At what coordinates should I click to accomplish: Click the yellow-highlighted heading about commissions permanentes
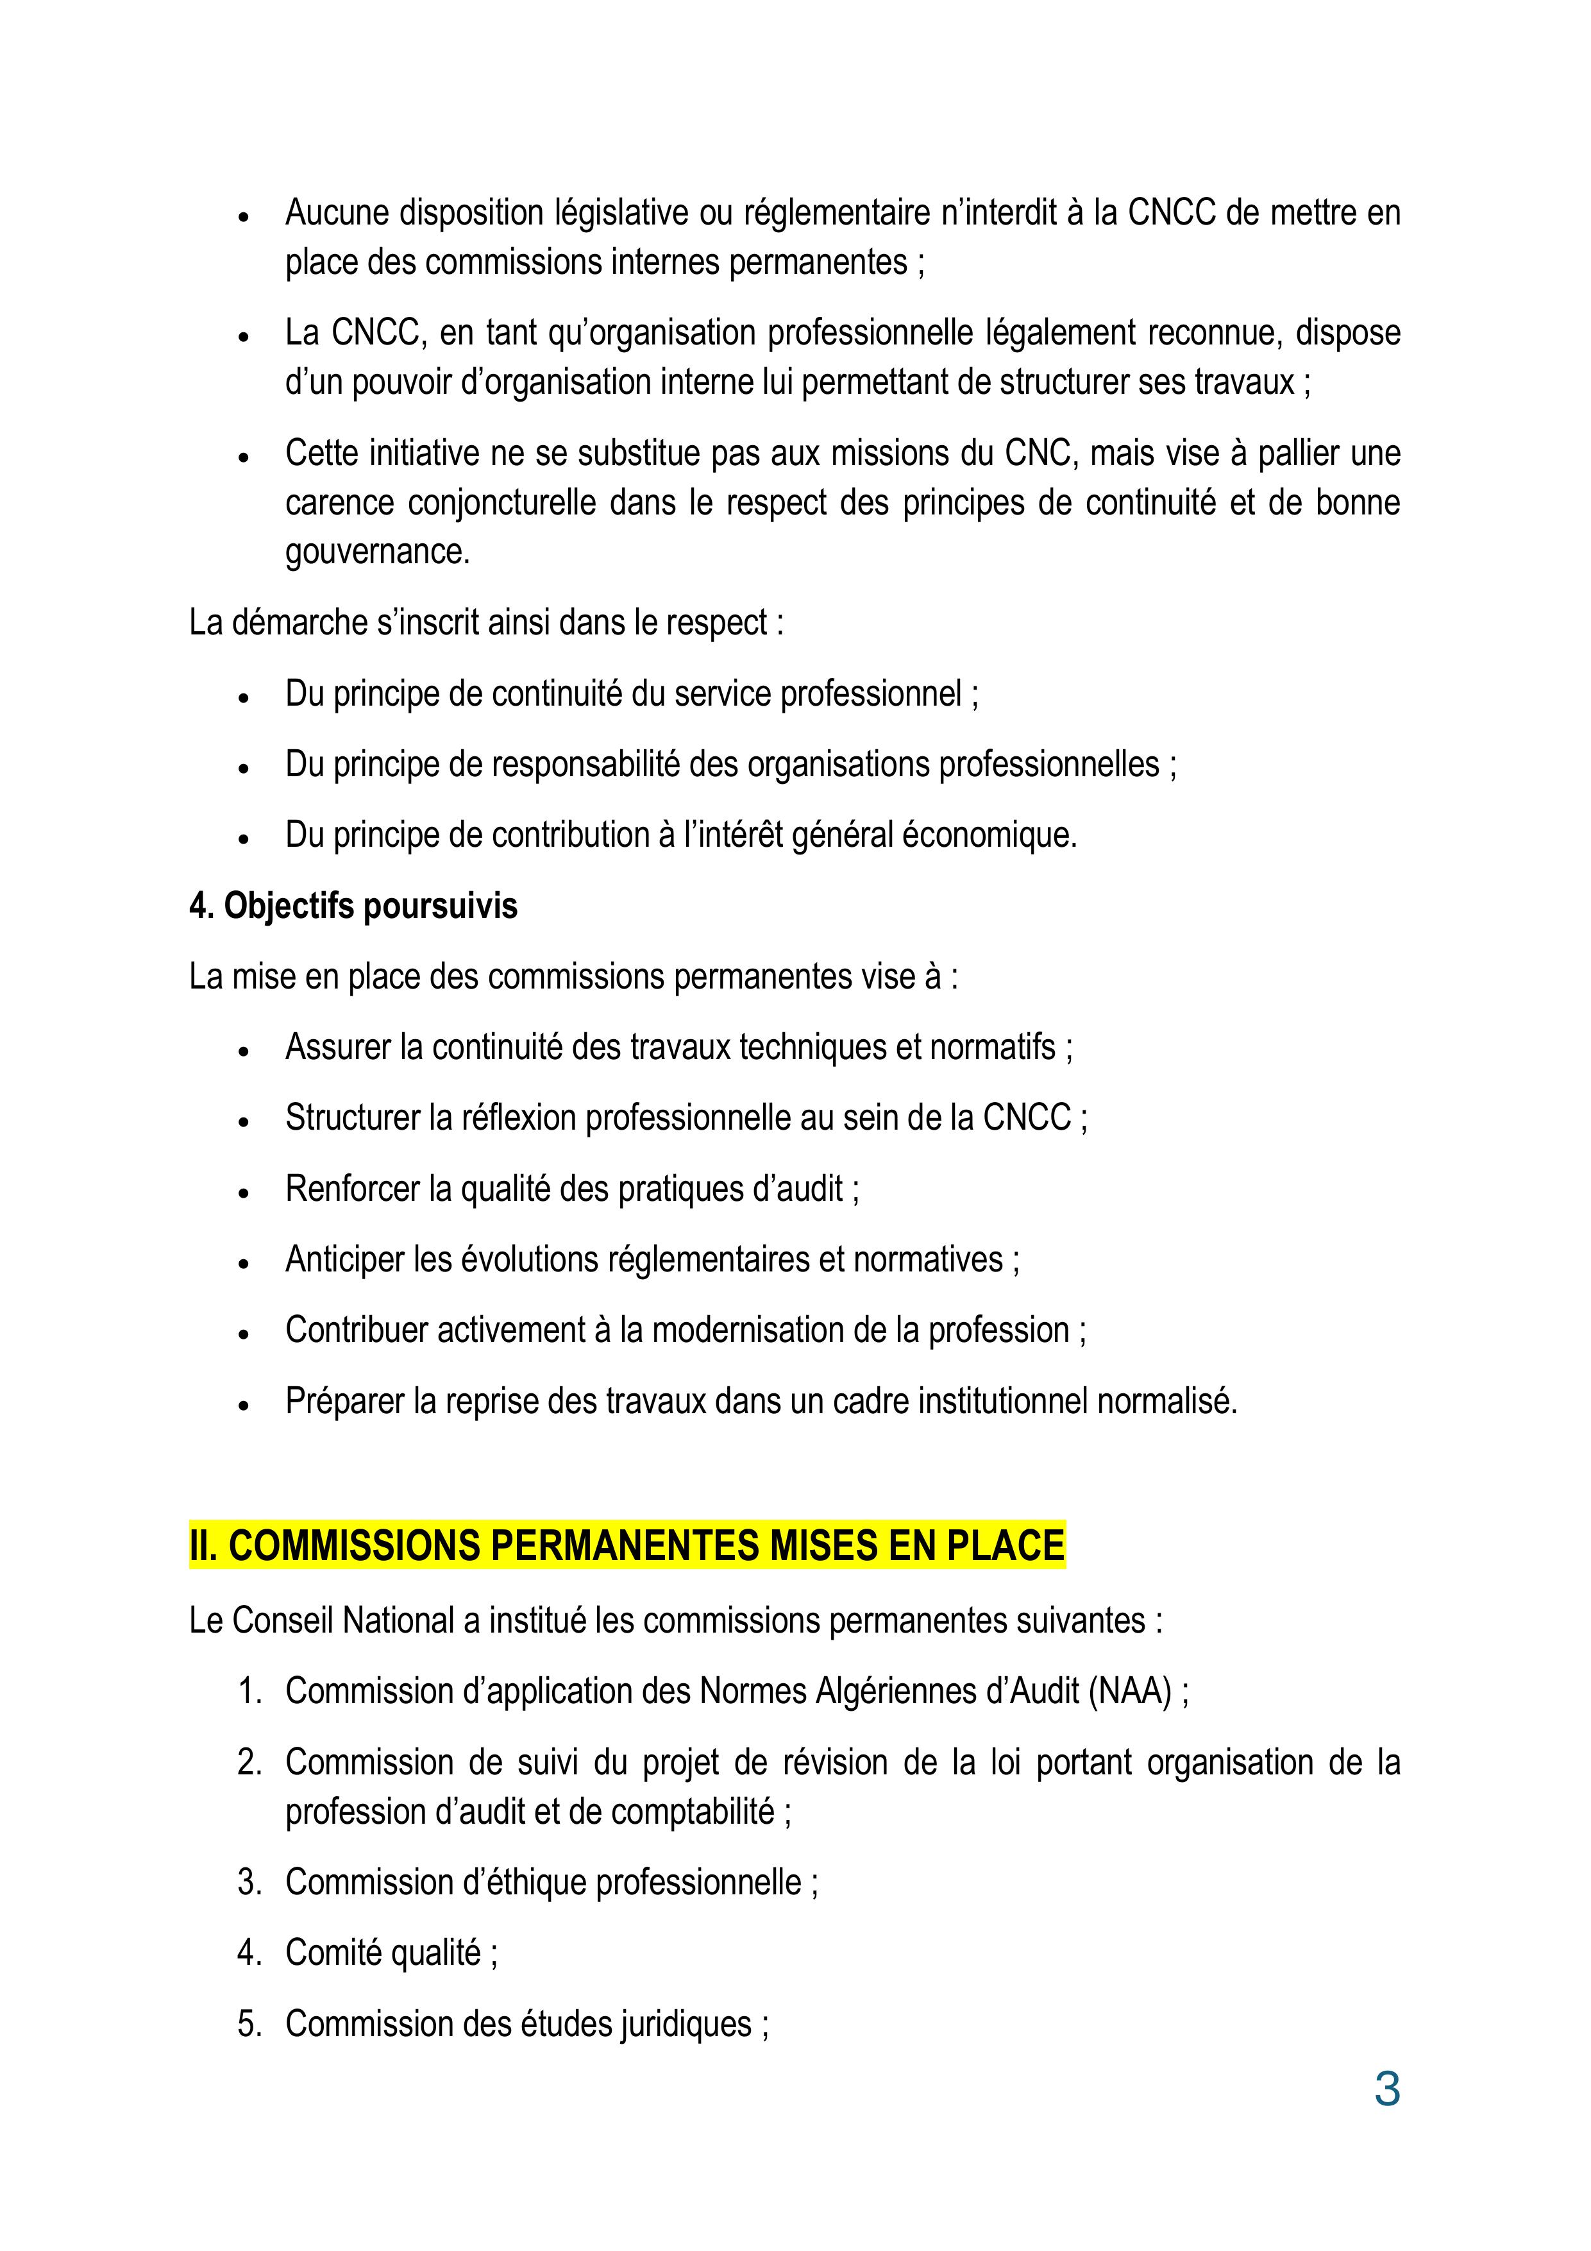(x=627, y=1545)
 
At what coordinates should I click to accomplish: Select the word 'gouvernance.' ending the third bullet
(x=378, y=552)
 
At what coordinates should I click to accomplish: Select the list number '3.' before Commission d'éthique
(x=250, y=1882)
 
